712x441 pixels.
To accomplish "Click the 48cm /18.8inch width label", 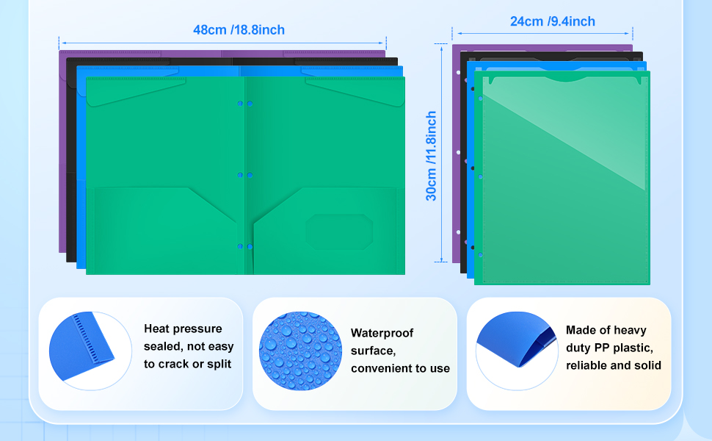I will (x=239, y=30).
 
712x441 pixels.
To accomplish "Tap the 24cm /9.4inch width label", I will (x=553, y=21).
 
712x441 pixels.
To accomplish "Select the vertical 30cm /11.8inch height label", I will (x=432, y=156).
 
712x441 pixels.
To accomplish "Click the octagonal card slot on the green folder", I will (x=339, y=232).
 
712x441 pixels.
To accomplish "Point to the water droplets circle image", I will (x=300, y=351).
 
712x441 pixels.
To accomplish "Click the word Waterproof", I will (x=382, y=333).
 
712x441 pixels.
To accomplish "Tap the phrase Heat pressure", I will (x=183, y=329).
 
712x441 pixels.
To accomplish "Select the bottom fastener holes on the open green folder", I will (x=244, y=245).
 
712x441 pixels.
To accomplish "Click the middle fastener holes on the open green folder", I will (x=244, y=175).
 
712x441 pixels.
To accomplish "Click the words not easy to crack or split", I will (x=189, y=355).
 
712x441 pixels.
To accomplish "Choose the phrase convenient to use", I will (x=400, y=368).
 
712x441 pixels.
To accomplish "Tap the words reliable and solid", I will (x=614, y=365).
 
